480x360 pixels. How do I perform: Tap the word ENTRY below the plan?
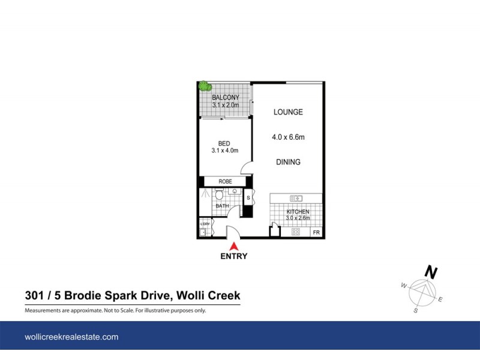[x=234, y=256]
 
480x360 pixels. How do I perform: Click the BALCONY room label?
[x=226, y=98]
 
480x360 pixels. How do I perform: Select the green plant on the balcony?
[x=205, y=86]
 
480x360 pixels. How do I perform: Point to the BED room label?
[x=224, y=143]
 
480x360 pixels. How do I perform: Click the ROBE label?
[x=224, y=181]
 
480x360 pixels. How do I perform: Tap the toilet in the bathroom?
[x=220, y=195]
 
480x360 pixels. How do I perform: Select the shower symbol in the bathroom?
[x=206, y=195]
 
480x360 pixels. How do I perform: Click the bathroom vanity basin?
[x=235, y=193]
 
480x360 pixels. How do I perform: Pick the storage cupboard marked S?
[x=248, y=197]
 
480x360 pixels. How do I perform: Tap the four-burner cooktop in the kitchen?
[x=296, y=232]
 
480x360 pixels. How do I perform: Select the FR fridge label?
[x=316, y=232]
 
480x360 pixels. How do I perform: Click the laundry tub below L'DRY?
[x=204, y=232]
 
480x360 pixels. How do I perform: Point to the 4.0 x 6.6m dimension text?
[x=289, y=137]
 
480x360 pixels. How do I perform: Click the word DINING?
[x=288, y=162]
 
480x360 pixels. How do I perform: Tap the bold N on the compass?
[x=430, y=272]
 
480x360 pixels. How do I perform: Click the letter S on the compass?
[x=415, y=311]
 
